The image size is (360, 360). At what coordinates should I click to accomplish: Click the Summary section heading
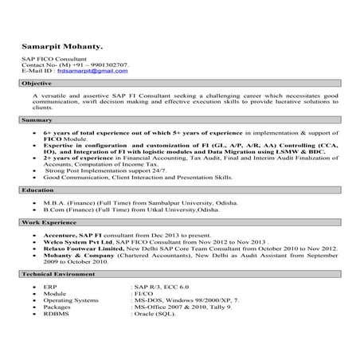pos(37,119)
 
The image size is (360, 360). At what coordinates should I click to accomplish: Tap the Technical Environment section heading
pos(60,273)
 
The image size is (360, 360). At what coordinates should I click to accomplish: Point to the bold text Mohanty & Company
pos(80,253)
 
